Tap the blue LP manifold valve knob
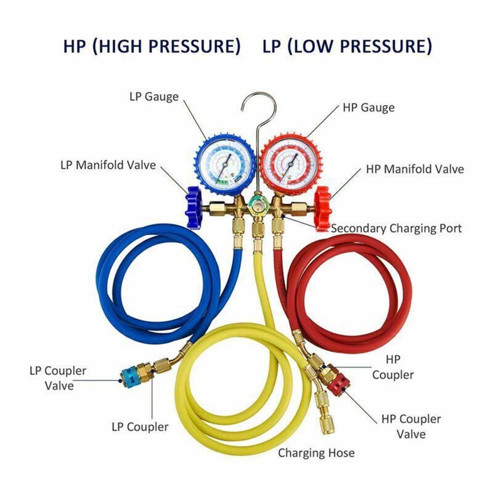point(193,208)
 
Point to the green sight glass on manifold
point(256,204)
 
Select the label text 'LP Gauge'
point(154,96)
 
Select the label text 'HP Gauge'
point(368,107)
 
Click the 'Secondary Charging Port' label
point(396,228)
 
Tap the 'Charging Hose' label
point(316,453)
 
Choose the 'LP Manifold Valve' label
point(108,165)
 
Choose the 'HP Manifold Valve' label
point(415,169)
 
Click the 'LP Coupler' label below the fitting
point(141,427)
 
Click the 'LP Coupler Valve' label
point(58,378)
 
